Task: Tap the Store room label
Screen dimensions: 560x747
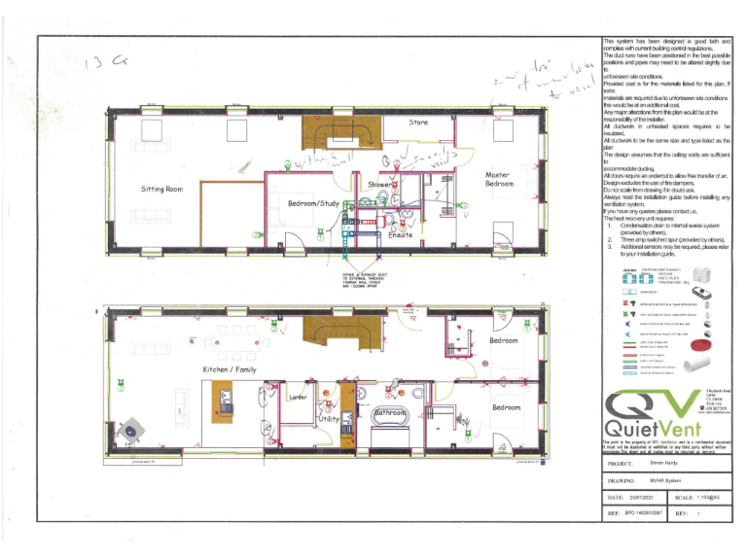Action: point(418,122)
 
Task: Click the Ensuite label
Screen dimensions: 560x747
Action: point(401,235)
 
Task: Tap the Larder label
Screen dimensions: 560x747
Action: point(299,398)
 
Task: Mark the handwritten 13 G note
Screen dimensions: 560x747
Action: point(106,63)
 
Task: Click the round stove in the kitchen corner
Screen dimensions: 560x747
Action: point(129,430)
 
